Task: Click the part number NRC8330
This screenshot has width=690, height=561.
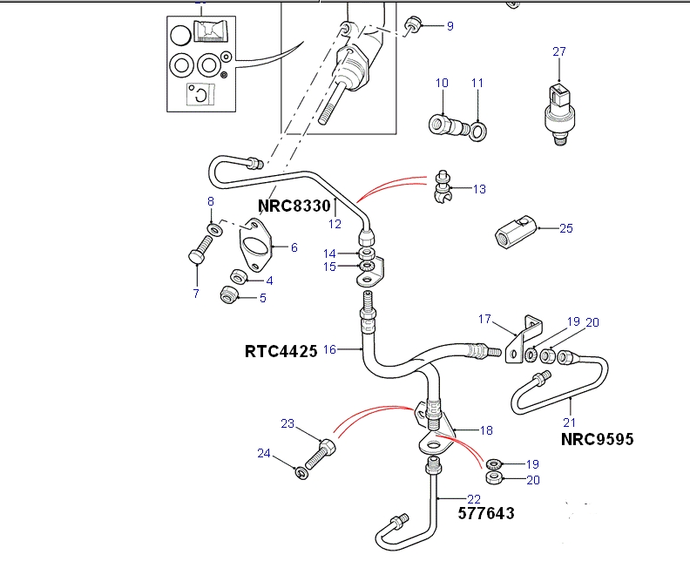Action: (294, 206)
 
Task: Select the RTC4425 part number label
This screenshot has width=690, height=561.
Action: (281, 352)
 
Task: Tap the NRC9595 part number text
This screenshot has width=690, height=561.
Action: (598, 439)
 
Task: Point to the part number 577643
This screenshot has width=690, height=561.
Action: (486, 513)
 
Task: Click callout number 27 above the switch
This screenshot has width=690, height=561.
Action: (559, 52)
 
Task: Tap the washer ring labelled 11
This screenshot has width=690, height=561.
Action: (478, 132)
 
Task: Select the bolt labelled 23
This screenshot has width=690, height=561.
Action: (321, 452)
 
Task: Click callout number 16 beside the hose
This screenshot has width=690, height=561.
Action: (329, 349)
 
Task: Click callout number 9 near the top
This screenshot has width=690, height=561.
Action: (450, 26)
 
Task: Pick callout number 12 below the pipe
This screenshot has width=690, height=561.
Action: (335, 224)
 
